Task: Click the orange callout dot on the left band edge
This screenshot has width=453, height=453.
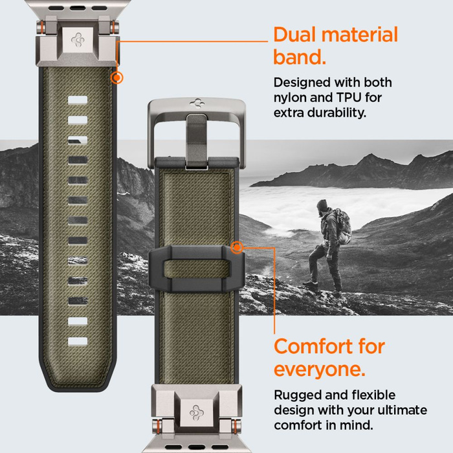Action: coord(117,78)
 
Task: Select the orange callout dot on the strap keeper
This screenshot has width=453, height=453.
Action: coord(238,247)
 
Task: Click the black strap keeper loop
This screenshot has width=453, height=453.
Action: coord(194,269)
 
